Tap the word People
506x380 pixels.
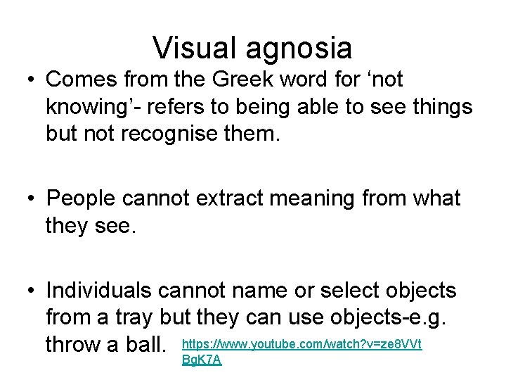pos(82,199)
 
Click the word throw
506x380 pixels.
pos(77,345)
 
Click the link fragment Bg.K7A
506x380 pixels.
pos(201,360)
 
